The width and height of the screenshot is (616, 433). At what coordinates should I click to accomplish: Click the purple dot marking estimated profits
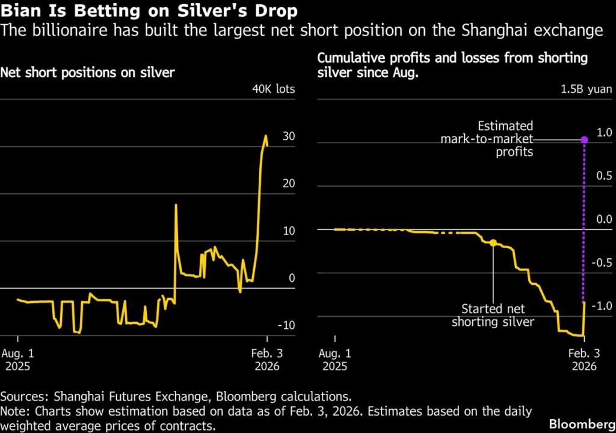[x=584, y=140]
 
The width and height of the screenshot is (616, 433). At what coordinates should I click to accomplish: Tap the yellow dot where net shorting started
[x=493, y=243]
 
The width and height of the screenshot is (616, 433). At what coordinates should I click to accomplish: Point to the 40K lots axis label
[x=274, y=90]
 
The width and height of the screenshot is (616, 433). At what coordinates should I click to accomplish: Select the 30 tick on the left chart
[x=288, y=137]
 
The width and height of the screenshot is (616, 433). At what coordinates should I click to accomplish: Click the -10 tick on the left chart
[x=286, y=326]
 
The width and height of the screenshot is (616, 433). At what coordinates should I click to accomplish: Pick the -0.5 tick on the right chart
[x=602, y=263]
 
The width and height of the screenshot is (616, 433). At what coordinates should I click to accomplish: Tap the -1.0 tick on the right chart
[x=602, y=307]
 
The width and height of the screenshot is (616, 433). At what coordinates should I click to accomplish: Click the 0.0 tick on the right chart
[x=603, y=220]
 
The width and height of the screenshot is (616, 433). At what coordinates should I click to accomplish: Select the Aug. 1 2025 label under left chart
[x=19, y=360]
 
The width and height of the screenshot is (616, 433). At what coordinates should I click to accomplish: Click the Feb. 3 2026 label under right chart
[x=583, y=360]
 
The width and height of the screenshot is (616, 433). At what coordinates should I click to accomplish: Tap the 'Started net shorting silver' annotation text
[x=493, y=316]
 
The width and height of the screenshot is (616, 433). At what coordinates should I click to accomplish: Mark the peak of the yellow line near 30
[x=266, y=136]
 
